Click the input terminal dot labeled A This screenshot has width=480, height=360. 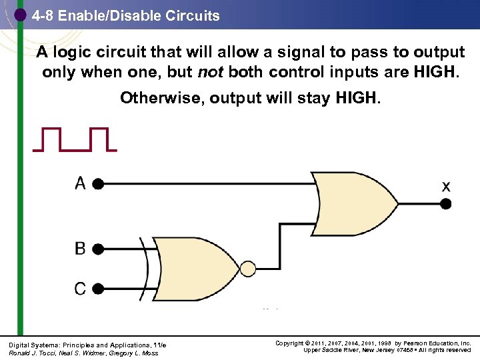[98, 183]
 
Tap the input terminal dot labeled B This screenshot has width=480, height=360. [98, 249]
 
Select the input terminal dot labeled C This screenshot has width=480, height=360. [98, 289]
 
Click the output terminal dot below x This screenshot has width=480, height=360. [445, 203]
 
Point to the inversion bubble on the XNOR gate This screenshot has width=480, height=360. [247, 269]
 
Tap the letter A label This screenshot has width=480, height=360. [80, 183]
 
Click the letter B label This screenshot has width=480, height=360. [80, 249]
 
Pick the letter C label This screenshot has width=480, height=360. [80, 289]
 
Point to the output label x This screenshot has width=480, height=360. [445, 187]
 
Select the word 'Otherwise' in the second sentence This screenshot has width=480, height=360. [162, 99]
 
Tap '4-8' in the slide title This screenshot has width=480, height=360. [42, 15]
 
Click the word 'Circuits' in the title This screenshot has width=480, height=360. [193, 15]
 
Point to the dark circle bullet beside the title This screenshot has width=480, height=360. [20, 14]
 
